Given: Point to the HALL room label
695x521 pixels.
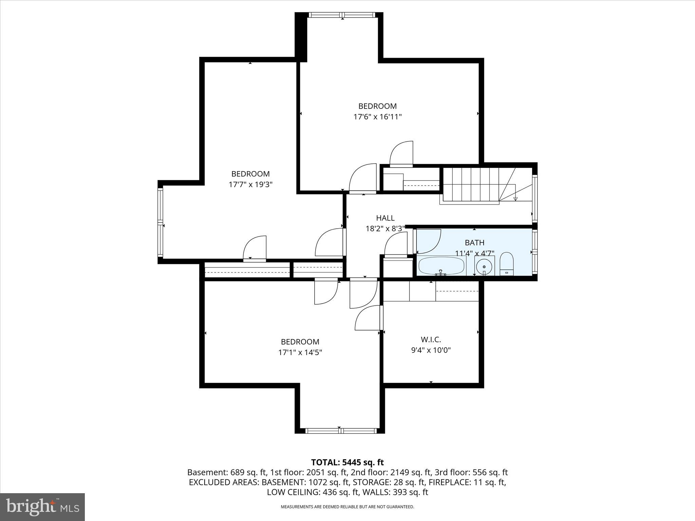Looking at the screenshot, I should [x=385, y=218].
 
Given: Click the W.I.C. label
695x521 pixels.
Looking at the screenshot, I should [x=431, y=340].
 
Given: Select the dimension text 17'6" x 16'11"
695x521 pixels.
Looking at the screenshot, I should [x=377, y=117].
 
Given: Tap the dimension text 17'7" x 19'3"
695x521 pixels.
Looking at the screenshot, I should [x=250, y=185].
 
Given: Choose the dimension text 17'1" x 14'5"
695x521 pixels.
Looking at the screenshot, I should [x=300, y=352].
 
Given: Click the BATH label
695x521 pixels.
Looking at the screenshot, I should [x=474, y=243].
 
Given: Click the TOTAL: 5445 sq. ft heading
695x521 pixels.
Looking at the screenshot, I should [x=347, y=462].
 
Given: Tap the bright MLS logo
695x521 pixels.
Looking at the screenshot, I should [x=42, y=507].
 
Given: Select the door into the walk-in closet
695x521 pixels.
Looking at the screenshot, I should [x=368, y=318].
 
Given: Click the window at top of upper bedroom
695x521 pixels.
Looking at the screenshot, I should [x=342, y=15].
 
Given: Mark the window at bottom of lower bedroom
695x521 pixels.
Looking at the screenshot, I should [x=341, y=431].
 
